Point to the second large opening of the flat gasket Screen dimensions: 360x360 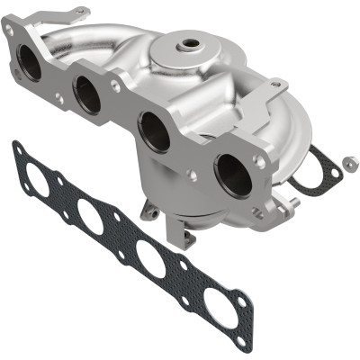[x=91, y=216]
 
